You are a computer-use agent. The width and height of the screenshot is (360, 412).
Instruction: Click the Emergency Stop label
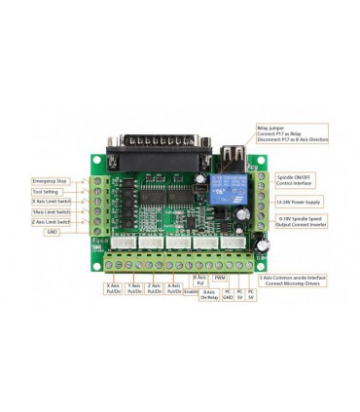[49, 181]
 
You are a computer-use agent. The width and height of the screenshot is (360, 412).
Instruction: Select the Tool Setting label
[46, 192]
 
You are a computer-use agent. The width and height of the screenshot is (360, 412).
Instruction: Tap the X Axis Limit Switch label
[51, 202]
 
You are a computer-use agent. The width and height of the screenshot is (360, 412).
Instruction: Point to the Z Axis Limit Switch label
[51, 222]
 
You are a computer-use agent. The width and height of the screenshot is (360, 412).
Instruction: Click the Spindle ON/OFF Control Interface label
[298, 179]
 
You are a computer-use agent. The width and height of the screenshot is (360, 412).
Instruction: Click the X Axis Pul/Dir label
[113, 288]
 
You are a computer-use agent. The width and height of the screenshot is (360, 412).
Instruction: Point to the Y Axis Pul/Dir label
[134, 288]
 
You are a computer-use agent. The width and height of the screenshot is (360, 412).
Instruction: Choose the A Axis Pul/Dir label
[174, 288]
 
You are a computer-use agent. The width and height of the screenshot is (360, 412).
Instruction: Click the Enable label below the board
[191, 290]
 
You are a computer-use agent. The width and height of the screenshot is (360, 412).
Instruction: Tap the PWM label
[220, 278]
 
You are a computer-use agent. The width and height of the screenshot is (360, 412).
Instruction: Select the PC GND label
[227, 293]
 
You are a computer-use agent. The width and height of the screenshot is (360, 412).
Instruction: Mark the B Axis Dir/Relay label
[209, 293]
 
